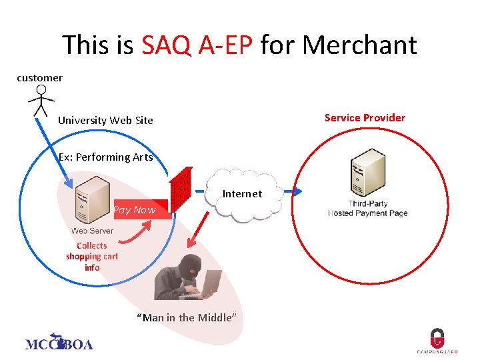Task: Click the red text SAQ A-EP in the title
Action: (x=197, y=45)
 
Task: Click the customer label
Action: (x=39, y=78)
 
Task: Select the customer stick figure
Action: (x=41, y=101)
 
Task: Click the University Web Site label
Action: (x=105, y=121)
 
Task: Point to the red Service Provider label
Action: (x=365, y=118)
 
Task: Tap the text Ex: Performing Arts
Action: (x=105, y=157)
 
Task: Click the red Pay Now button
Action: (x=135, y=210)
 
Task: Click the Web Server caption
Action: (x=92, y=231)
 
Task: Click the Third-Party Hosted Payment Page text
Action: (x=367, y=209)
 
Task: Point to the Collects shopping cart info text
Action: (x=92, y=257)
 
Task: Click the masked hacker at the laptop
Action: (x=187, y=277)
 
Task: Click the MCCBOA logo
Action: (x=59, y=343)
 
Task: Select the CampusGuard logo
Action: (x=437, y=341)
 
